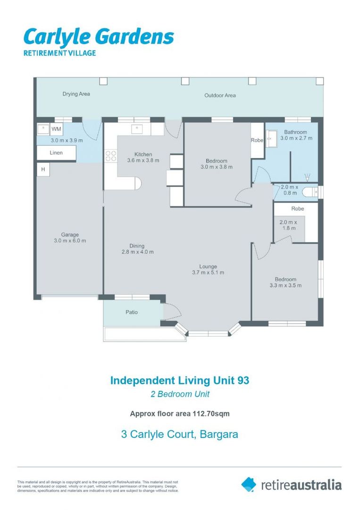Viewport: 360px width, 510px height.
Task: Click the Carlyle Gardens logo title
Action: point(99,37)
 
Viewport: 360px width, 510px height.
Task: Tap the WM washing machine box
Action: point(56,129)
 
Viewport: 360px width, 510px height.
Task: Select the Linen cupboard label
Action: point(56,153)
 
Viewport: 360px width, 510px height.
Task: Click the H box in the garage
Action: point(43,170)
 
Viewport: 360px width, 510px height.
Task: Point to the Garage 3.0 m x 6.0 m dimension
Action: point(70,241)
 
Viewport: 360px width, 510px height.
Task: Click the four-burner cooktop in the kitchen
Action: point(111,156)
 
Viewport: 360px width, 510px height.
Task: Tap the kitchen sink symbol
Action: point(136,129)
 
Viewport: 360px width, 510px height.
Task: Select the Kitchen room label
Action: point(143,154)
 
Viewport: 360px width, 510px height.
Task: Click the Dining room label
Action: point(137,246)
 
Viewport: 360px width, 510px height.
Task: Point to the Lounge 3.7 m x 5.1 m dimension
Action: point(208,272)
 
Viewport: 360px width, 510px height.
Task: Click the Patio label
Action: point(132,312)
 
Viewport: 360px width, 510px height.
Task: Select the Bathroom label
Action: point(295,132)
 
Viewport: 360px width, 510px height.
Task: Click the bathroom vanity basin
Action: point(271,138)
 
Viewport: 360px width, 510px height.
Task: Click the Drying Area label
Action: point(76,94)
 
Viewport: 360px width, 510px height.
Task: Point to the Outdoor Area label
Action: point(220,95)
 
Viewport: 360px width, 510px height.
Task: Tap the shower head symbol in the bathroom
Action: point(307,177)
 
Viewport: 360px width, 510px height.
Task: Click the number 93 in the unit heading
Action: point(243,380)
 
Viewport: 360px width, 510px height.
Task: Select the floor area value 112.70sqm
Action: point(211,414)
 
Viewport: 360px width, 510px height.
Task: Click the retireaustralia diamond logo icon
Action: point(249,484)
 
